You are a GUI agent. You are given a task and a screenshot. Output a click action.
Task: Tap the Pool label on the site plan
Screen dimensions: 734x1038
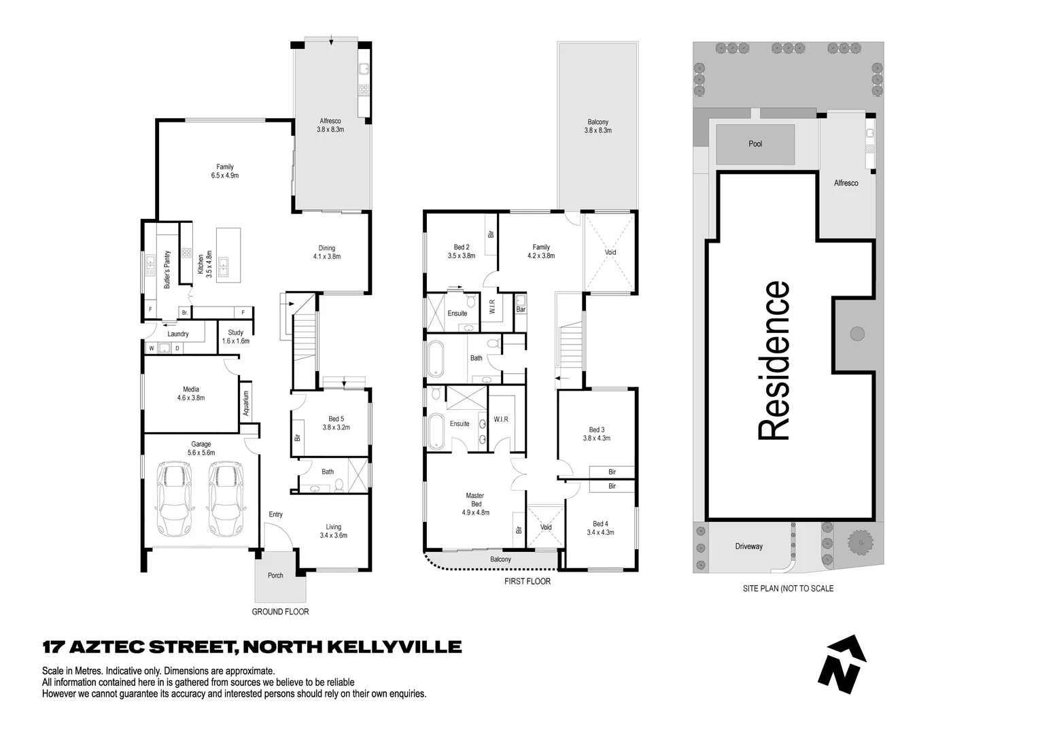click(755, 144)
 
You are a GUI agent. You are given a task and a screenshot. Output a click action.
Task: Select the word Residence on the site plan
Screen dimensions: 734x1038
click(774, 361)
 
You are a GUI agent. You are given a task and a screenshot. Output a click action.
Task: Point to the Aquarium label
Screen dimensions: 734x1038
click(246, 403)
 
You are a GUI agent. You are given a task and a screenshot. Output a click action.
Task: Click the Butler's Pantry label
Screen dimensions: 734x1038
click(167, 270)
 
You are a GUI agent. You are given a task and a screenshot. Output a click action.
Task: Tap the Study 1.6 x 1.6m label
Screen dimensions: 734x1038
click(235, 337)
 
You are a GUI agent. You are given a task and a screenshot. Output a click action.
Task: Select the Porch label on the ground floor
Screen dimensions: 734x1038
click(275, 576)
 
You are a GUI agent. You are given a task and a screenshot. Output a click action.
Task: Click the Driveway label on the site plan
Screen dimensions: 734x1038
click(748, 546)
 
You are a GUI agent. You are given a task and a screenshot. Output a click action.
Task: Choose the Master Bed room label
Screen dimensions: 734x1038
click(476, 504)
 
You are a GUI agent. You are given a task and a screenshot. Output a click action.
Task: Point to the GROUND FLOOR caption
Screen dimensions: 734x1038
click(280, 612)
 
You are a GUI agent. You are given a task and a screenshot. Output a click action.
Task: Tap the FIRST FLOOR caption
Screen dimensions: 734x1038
click(527, 582)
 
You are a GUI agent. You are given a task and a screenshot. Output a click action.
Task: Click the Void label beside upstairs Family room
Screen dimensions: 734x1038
click(610, 252)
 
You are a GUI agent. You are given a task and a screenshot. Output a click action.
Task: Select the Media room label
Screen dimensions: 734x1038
click(191, 394)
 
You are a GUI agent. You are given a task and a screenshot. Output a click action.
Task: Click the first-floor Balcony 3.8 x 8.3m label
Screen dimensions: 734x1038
click(598, 126)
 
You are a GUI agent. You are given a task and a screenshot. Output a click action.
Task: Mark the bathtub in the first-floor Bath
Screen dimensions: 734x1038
click(436, 358)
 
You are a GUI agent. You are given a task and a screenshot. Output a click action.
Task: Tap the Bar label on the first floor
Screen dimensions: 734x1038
click(521, 310)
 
